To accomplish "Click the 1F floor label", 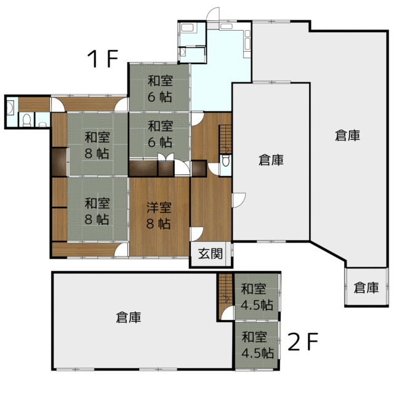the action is tap(103, 58).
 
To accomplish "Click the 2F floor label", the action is tap(303, 341).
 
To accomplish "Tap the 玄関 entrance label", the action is tap(211, 254).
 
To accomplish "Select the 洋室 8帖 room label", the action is tap(159, 215).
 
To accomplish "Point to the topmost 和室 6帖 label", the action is tap(160, 89).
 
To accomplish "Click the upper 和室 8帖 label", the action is tap(97, 145).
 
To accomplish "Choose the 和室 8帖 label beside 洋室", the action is tap(97, 211).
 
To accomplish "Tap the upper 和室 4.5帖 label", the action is tap(257, 297).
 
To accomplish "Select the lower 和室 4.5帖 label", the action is tap(257, 345).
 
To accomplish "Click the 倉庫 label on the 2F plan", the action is tap(129, 318).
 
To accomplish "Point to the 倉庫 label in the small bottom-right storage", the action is tap(366, 287).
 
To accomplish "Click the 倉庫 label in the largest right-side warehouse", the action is tap(347, 135).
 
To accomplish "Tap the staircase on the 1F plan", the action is tap(225, 139).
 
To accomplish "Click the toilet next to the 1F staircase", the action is tap(226, 161).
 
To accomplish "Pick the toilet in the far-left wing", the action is tap(26, 120).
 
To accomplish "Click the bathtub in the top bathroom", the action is tap(187, 27).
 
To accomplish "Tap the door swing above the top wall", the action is tap(213, 14).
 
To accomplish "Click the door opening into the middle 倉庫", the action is tap(239, 200).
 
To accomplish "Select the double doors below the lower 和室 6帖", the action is tap(166, 156).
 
